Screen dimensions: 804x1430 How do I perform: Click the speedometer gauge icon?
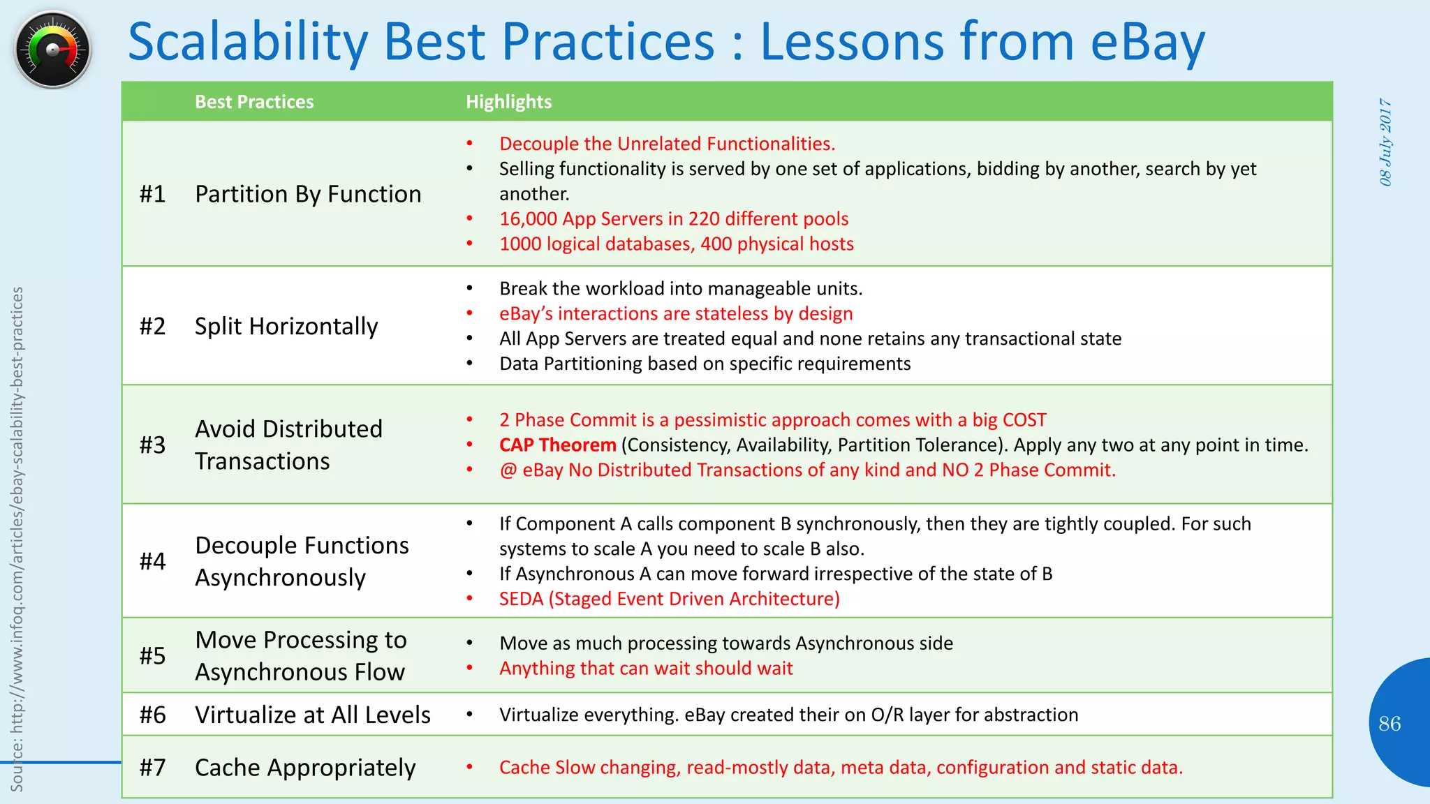(x=52, y=49)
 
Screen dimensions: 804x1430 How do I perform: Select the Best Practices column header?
(x=254, y=102)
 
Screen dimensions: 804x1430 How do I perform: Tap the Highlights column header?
(x=508, y=102)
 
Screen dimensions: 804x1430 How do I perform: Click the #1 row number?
(x=152, y=194)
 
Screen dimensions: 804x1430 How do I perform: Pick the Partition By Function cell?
(x=308, y=194)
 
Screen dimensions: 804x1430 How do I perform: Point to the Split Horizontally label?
(x=286, y=326)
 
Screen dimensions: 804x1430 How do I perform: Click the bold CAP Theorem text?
(x=557, y=445)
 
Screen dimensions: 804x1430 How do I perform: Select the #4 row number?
(x=152, y=561)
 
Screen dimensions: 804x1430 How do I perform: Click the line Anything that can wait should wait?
(x=646, y=669)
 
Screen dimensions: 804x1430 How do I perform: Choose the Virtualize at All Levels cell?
(x=312, y=715)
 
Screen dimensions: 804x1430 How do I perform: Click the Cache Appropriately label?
(x=305, y=768)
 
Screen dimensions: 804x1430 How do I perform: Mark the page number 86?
(x=1390, y=724)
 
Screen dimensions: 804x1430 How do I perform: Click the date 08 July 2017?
(x=1385, y=142)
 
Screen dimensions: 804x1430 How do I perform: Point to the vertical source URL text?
(x=17, y=537)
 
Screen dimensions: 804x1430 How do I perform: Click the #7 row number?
(x=152, y=768)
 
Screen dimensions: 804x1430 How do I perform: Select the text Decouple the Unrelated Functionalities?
(x=667, y=144)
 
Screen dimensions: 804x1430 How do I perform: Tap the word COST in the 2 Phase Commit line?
(x=1024, y=420)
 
